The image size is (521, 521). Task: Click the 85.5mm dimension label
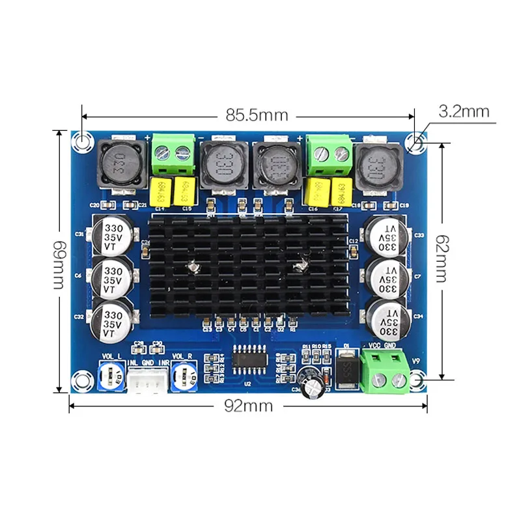[257, 115]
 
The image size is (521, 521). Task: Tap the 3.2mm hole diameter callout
[464, 111]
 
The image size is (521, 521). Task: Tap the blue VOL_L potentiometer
[113, 376]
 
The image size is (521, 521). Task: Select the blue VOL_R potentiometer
[185, 376]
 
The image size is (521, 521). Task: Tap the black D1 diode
[346, 369]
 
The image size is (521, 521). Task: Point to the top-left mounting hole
[82, 141]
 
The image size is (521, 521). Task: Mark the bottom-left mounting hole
[81, 378]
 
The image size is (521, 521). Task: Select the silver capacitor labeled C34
[388, 317]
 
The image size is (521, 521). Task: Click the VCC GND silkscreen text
[382, 346]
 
